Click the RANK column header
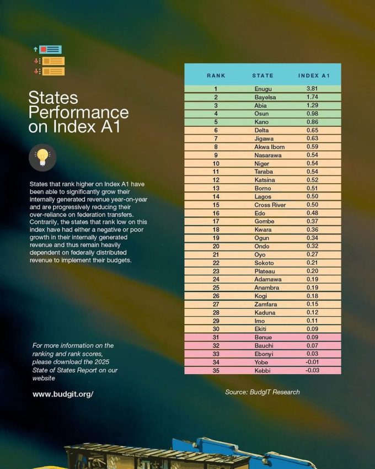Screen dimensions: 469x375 point(216,75)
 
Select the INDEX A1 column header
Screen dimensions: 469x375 point(314,75)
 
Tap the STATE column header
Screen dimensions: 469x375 point(262,75)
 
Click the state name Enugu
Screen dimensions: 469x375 point(263,89)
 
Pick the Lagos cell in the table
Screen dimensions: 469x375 point(263,196)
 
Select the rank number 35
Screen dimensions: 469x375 point(216,370)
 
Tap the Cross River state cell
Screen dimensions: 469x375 point(270,205)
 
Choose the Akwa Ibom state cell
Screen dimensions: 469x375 point(270,147)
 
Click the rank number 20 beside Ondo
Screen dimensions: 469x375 point(216,246)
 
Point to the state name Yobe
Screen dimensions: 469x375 point(262,362)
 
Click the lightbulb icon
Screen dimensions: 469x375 point(42,158)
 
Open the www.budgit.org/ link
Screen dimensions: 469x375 point(63,394)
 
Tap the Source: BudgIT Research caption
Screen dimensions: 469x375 point(262,392)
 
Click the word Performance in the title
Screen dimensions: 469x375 point(78,113)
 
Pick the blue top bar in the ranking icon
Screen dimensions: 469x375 point(50,50)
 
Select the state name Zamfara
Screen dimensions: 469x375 point(265,304)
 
